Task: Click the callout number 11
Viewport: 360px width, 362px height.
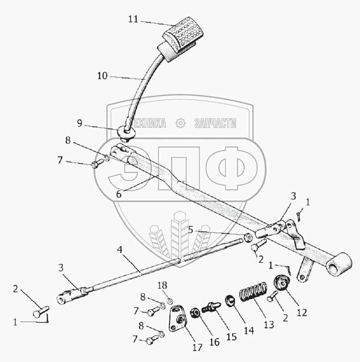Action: (x=133, y=19)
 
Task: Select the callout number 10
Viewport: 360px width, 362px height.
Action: (x=102, y=76)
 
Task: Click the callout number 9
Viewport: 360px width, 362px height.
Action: (x=80, y=123)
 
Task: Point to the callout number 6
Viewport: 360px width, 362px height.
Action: (x=119, y=194)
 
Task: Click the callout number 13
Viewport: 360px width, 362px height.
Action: (x=269, y=324)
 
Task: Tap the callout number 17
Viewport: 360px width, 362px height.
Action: (x=197, y=347)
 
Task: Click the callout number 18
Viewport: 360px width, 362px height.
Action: (x=163, y=285)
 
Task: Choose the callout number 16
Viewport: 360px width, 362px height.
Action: (x=214, y=342)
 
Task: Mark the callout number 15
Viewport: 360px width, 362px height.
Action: (x=231, y=337)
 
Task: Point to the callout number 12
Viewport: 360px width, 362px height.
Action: (x=302, y=313)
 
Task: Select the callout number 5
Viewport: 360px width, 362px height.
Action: (x=191, y=230)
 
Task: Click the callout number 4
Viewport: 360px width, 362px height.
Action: (x=120, y=249)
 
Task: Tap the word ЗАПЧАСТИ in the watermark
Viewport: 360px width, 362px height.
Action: (x=215, y=123)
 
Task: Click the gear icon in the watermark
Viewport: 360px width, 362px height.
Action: (x=180, y=123)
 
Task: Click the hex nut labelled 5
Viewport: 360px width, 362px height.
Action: (x=248, y=237)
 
